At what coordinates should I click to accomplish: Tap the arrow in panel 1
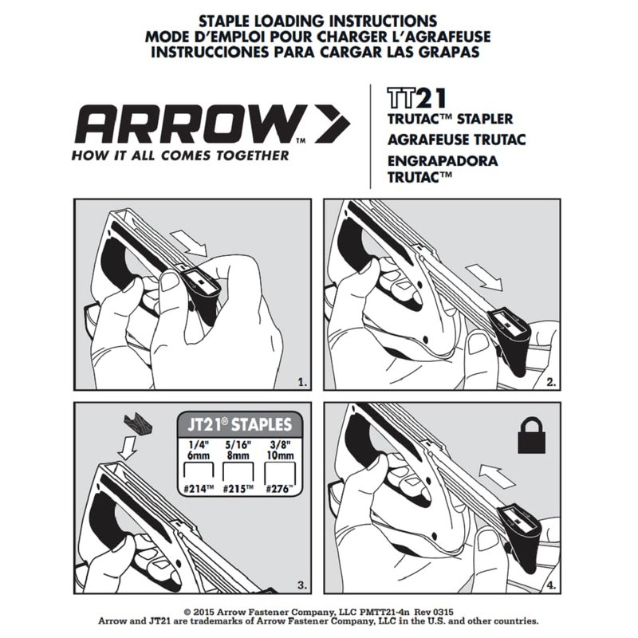coord(189,242)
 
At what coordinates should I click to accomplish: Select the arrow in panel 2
coord(484,278)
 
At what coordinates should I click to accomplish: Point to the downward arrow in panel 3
coord(127,447)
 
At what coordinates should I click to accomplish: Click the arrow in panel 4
coord(497,475)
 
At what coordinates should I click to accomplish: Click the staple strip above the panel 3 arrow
coord(139,423)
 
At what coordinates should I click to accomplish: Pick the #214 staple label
coord(198,489)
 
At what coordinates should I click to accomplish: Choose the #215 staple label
coord(238,489)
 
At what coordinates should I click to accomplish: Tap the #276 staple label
coord(279,489)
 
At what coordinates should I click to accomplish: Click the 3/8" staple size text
coord(281,444)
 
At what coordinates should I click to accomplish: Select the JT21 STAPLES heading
coord(240,425)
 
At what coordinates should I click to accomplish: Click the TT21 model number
coord(416,98)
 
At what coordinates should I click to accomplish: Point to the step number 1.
coord(302,383)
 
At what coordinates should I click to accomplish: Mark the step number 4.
coord(551,585)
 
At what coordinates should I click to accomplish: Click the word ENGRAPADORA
coord(443,161)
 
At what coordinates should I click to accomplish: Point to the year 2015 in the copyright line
coord(204,612)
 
